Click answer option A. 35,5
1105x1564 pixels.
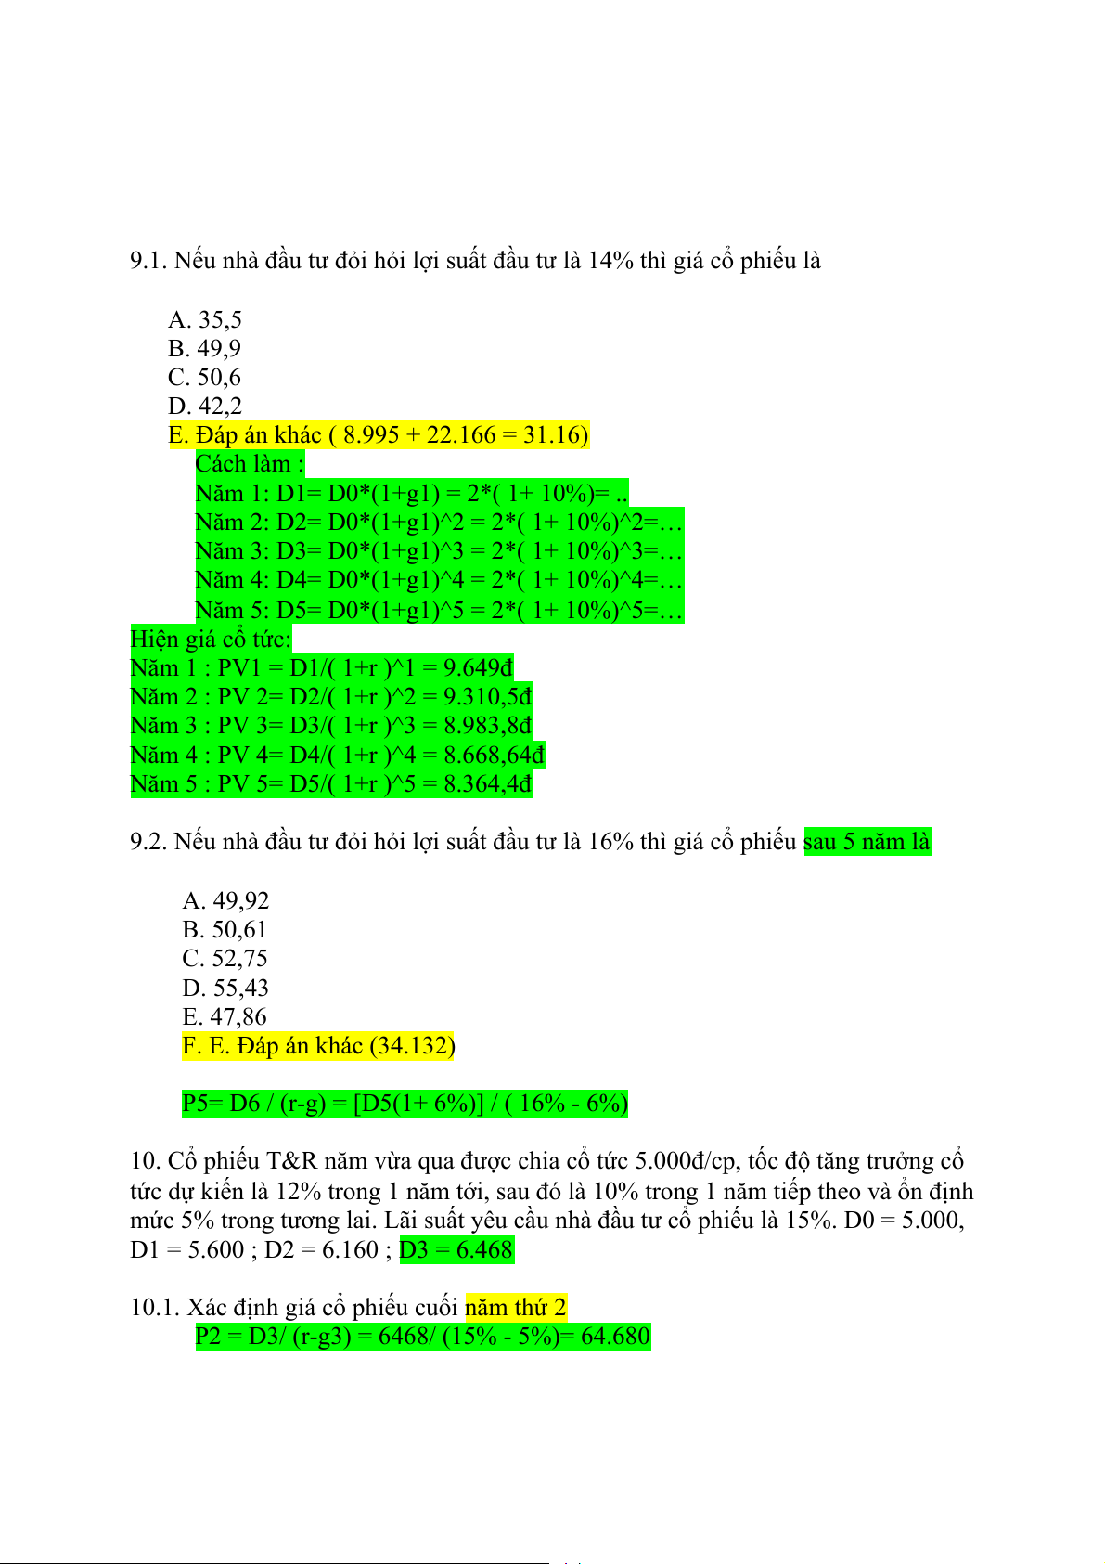205,319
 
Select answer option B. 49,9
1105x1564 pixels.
204,348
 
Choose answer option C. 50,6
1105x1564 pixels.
204,377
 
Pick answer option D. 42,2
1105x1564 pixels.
205,406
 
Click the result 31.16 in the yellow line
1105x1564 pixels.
552,434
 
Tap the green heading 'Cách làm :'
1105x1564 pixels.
250,463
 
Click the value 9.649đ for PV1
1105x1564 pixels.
478,667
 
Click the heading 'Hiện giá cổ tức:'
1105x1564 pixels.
211,639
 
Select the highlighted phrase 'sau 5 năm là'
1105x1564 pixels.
867,842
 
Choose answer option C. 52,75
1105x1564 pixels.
225,958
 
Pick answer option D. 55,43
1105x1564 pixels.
225,988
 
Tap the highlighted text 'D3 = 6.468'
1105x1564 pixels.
456,1249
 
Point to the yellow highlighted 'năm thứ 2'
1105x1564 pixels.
515,1308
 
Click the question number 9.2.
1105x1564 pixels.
148,842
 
